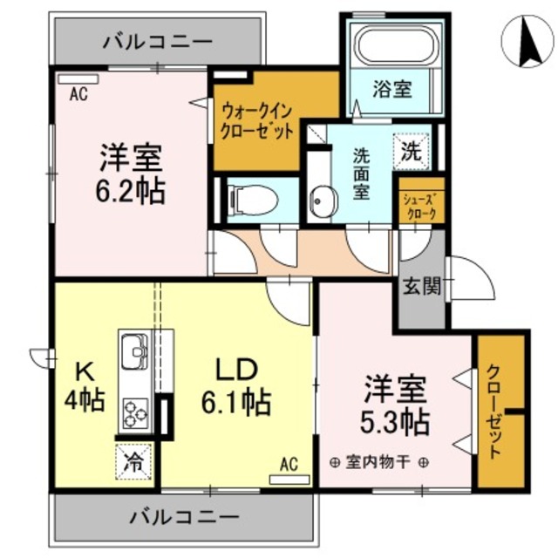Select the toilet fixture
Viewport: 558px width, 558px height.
(x=254, y=199)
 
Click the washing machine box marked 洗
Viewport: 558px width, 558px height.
(x=411, y=150)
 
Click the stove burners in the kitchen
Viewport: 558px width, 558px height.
(x=135, y=412)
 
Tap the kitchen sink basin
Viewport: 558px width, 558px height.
(x=134, y=353)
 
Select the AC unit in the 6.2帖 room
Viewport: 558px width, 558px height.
(x=78, y=78)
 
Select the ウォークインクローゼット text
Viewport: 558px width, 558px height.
(x=256, y=120)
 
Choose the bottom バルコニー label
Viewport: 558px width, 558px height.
(x=184, y=517)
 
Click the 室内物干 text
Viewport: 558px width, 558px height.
(x=378, y=462)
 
